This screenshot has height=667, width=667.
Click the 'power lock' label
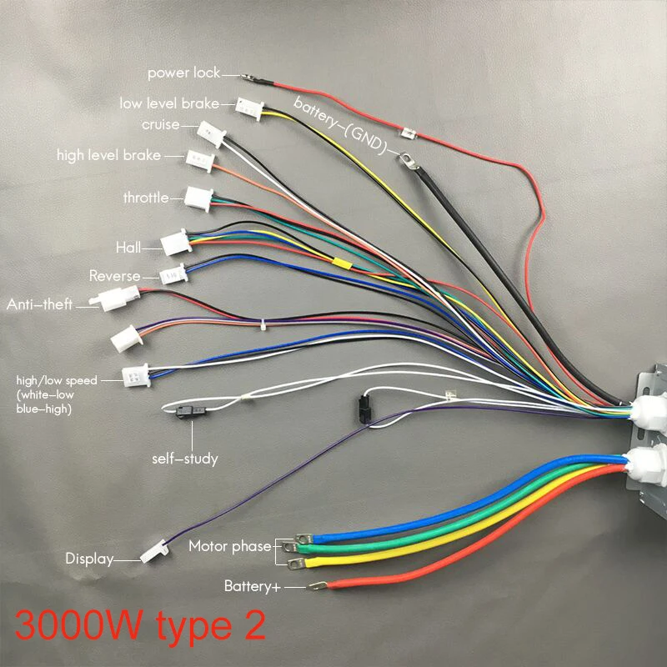point(184,73)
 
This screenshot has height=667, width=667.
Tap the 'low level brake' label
point(169,103)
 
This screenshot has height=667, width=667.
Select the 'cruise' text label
point(160,124)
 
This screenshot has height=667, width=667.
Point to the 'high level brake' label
point(108,155)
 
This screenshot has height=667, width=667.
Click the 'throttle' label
point(146,198)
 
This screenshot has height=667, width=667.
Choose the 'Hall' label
point(128,247)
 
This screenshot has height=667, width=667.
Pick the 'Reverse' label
point(115,276)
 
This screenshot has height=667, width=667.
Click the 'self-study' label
point(184,458)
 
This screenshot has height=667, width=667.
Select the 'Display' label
point(89,559)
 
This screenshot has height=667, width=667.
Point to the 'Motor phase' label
point(229,546)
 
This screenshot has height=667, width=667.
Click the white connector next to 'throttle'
point(199,198)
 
